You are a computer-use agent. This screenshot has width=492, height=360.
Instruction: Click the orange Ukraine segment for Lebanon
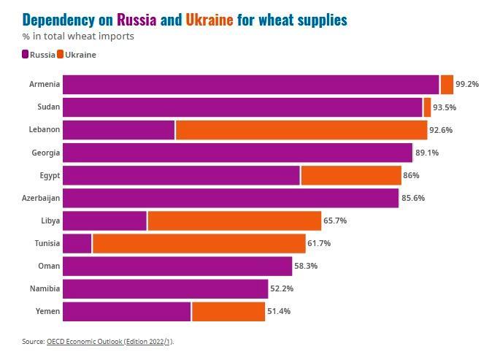click(x=301, y=130)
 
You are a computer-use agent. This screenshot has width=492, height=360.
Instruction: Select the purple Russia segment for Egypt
click(x=181, y=175)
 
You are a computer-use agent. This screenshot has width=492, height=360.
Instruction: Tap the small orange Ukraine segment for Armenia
click(x=447, y=85)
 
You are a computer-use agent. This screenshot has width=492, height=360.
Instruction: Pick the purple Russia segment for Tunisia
click(x=77, y=243)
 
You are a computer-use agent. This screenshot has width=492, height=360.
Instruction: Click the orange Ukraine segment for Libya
click(x=234, y=221)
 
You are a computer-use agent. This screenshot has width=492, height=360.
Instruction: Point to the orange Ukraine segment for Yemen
click(x=228, y=311)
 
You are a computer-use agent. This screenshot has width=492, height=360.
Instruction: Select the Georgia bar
click(x=237, y=153)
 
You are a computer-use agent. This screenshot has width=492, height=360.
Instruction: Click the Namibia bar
click(x=165, y=288)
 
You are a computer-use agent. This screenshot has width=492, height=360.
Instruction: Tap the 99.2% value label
click(x=467, y=85)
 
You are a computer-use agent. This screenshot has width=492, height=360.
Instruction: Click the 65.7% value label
click(x=335, y=221)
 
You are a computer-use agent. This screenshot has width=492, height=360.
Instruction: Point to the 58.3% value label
click(x=306, y=266)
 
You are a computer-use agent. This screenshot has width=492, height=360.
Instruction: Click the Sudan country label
click(x=48, y=107)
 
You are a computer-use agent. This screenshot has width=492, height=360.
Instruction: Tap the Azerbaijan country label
click(x=41, y=198)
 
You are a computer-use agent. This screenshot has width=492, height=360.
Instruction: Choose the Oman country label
click(x=49, y=266)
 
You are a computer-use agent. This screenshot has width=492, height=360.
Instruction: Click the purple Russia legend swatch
click(x=26, y=55)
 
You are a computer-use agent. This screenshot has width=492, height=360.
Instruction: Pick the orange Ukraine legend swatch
click(x=61, y=55)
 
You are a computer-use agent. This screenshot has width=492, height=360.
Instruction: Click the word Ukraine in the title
click(x=210, y=20)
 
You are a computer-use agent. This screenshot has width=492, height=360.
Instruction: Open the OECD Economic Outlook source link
click(x=110, y=341)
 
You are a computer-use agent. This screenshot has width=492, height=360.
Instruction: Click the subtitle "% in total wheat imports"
click(x=78, y=36)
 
